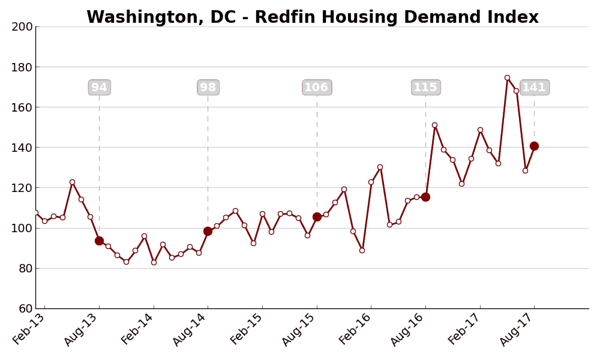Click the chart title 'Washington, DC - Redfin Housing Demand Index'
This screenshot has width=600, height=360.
click(312, 17)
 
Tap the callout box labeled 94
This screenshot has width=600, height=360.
click(100, 88)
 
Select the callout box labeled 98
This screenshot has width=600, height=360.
click(208, 88)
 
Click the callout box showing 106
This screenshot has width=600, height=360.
click(317, 88)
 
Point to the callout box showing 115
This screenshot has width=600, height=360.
click(426, 88)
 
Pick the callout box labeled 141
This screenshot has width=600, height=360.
click(534, 88)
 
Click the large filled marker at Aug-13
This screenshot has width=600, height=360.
click(99, 241)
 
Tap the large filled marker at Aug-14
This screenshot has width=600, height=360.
click(208, 231)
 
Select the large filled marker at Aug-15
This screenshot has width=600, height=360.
click(317, 217)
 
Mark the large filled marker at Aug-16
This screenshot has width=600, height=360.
click(425, 197)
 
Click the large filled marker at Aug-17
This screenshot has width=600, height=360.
click(534, 146)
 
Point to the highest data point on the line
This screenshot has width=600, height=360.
click(507, 77)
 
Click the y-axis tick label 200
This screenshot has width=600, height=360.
click(22, 27)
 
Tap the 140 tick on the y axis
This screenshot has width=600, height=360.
click(22, 148)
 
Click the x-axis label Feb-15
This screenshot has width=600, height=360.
click(247, 330)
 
